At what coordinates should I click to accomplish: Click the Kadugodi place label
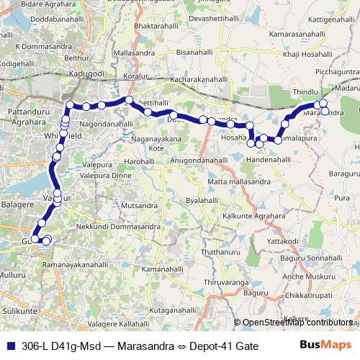pos(86,73)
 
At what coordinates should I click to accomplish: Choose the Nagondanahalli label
pos(106,124)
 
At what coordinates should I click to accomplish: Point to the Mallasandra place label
pos(140,53)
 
